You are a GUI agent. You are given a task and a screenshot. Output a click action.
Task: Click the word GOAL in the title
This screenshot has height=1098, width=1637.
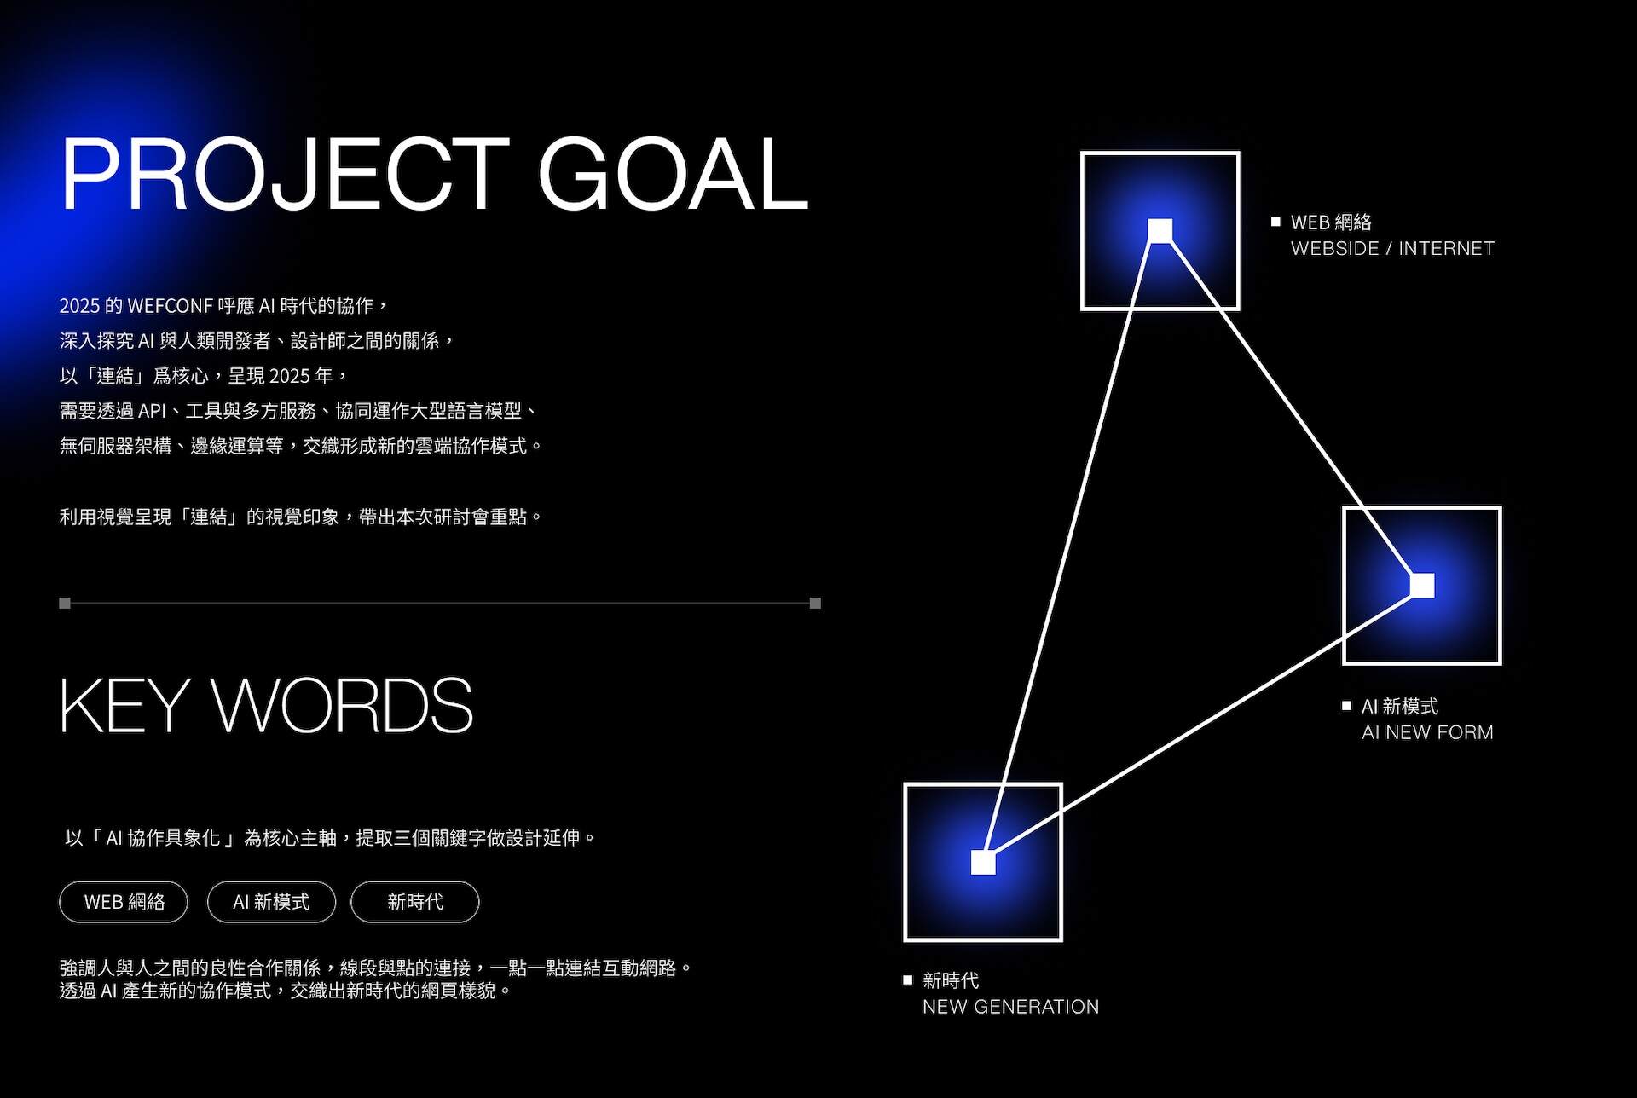[x=673, y=174]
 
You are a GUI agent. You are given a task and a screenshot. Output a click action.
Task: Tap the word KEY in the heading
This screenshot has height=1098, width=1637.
[x=124, y=705]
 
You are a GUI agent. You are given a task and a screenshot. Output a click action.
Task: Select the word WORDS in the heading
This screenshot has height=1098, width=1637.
[x=342, y=705]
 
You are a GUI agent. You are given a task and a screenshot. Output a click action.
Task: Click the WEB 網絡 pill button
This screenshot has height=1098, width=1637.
[x=124, y=902]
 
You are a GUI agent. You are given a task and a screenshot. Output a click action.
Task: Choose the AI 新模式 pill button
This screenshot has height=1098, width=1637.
[x=271, y=902]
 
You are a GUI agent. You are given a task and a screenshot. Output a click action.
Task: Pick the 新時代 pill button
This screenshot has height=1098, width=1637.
[x=414, y=902]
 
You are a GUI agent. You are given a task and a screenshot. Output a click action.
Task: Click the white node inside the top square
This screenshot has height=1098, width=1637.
[x=1160, y=230]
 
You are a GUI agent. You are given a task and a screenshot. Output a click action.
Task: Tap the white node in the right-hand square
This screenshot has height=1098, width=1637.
[x=1421, y=586]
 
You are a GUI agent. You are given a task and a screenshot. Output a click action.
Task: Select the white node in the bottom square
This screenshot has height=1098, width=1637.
[x=983, y=862]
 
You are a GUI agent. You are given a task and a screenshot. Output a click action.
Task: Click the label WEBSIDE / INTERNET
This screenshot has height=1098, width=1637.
[x=1392, y=248]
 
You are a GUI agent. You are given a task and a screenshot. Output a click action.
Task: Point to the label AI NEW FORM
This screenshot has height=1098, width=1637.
[x=1427, y=732]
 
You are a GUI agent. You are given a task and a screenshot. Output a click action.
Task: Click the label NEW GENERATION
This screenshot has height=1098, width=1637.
[x=1010, y=1007]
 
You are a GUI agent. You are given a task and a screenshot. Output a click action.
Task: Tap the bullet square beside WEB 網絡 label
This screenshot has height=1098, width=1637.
[x=1275, y=222]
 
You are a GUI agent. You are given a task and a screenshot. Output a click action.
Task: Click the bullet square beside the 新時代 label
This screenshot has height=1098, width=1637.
[x=908, y=980]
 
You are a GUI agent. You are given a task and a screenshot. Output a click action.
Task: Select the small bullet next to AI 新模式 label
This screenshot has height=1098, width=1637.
[x=1346, y=705]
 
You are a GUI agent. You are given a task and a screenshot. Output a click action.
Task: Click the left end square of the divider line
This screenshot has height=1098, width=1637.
[x=65, y=603]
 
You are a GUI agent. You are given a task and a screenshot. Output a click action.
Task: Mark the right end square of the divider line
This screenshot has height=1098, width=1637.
[x=815, y=603]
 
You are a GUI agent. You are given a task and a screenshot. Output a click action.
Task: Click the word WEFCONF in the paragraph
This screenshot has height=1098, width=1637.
[x=170, y=306]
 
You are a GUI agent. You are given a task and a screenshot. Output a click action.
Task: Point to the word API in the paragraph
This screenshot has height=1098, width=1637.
[x=152, y=411]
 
